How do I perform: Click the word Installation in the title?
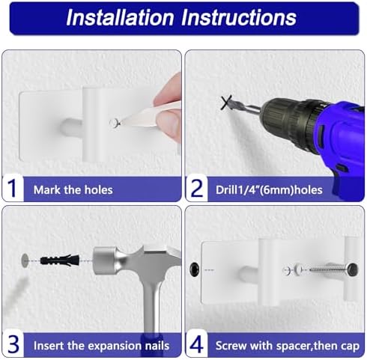click(120, 17)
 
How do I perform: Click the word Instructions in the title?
click(239, 17)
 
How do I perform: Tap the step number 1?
click(12, 189)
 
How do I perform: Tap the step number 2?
click(197, 189)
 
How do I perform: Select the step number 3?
click(13, 344)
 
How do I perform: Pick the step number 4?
click(196, 344)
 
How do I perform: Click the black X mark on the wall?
click(227, 103)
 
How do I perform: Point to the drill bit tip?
click(228, 101)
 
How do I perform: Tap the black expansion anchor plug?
click(60, 260)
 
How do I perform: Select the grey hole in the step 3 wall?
click(25, 260)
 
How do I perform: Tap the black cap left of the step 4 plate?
click(194, 269)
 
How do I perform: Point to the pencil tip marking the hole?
click(119, 123)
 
